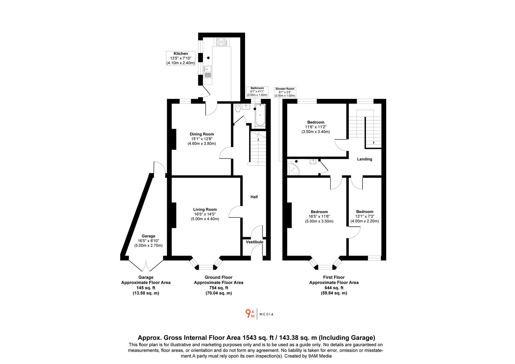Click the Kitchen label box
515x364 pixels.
tap(181, 58)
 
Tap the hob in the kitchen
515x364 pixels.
tap(221, 42)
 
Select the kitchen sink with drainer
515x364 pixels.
tap(207, 71)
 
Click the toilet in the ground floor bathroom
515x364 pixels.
tap(238, 109)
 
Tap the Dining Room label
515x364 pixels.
tap(202, 134)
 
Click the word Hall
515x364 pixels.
tap(254, 197)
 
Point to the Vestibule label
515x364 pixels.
tap(254, 242)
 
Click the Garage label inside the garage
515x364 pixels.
tap(148, 236)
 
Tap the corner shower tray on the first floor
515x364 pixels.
tap(293, 168)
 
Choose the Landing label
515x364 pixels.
tap(365, 159)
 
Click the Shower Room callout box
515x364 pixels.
tap(285, 92)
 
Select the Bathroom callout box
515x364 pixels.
tap(257, 92)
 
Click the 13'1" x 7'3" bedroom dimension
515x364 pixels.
tap(365, 221)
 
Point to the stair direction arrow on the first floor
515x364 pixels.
tap(373, 143)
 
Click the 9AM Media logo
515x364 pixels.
tap(259, 314)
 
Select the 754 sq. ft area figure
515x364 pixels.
tap(218, 288)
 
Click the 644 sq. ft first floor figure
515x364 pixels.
tap(334, 288)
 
